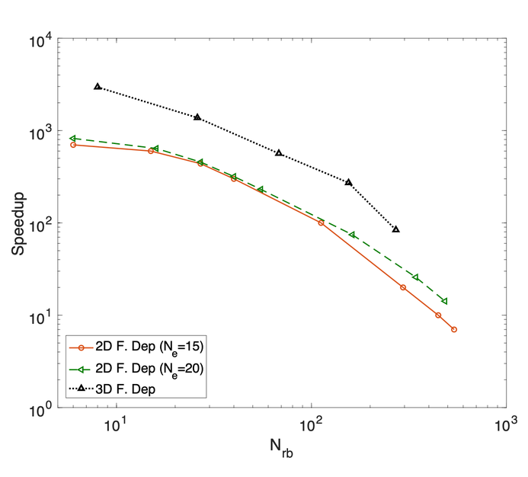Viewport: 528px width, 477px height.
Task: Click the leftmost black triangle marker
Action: (x=98, y=87)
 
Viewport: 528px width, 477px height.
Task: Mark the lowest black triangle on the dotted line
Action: (x=395, y=229)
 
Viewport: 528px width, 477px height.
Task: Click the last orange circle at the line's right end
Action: (x=454, y=329)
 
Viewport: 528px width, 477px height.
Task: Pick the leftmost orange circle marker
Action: (x=73, y=145)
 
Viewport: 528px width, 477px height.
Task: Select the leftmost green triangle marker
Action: (x=72, y=139)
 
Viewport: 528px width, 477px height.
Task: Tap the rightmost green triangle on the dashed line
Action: (x=444, y=301)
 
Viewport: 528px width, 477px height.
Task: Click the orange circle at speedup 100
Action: (x=321, y=222)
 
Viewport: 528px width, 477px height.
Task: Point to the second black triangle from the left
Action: (x=197, y=117)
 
